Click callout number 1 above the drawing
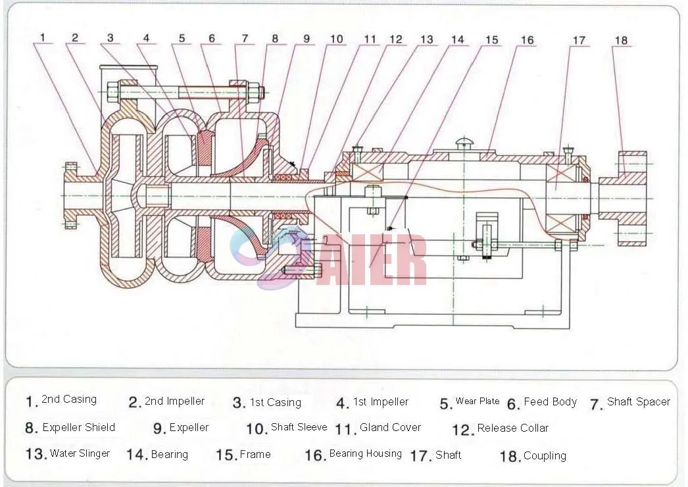pos(43,38)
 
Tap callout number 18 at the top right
pos(621,40)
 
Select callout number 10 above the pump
pos(336,39)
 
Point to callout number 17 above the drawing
pos(578,40)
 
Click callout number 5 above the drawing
pos(182,38)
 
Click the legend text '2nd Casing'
pos(68,399)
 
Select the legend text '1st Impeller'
pos(381,401)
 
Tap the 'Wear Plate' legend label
pos(477,401)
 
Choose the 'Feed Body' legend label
pos(550,401)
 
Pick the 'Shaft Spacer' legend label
pos(638,401)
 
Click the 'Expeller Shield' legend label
pos(78,427)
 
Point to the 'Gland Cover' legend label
pos(390,428)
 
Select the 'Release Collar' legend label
pos(512,428)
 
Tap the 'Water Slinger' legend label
pos(80,453)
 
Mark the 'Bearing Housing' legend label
pos(365,453)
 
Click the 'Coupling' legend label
pos(545,455)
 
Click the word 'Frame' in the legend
pos(255,454)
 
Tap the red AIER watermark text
pos(381,261)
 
